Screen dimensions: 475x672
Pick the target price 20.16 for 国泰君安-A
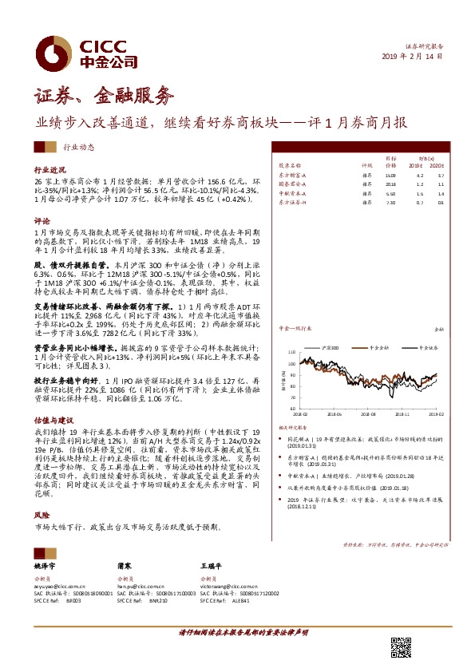[390, 183]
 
